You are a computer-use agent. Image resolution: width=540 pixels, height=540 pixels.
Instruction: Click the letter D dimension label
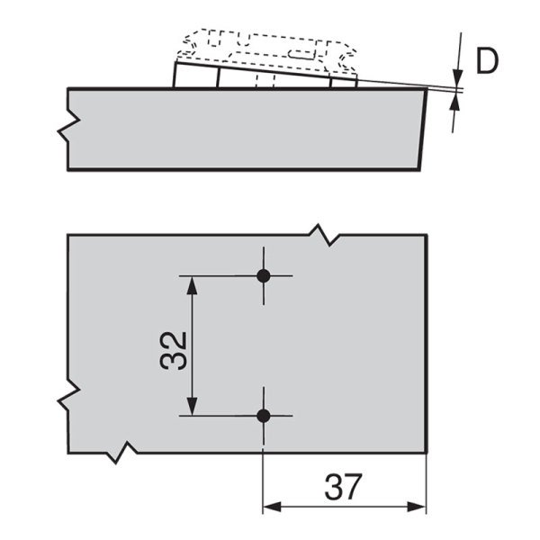pos(487,61)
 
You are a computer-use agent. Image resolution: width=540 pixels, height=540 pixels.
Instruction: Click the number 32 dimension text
pos(174,351)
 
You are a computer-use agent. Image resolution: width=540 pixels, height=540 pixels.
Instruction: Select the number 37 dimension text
pos(344,487)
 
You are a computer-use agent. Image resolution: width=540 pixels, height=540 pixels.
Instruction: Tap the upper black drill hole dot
pos(264,276)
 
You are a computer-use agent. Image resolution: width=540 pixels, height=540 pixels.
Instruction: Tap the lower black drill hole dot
pos(264,416)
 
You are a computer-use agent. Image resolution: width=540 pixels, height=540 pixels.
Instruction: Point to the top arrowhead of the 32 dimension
pos(192,285)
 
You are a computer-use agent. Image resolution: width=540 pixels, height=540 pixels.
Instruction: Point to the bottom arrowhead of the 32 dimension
pos(192,407)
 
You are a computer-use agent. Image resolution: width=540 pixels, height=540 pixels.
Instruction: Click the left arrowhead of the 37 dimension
pos(273,507)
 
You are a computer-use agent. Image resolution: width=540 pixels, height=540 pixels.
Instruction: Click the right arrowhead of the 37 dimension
pos(417,507)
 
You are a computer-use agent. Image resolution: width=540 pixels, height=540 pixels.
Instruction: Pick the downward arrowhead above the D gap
pos(458,77)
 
